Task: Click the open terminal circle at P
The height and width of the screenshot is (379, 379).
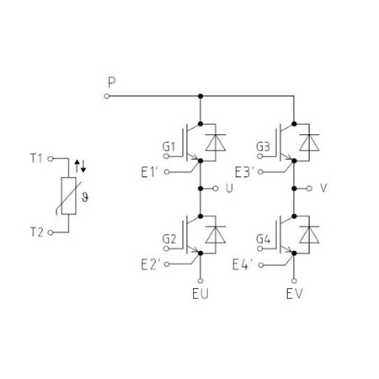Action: click(107, 96)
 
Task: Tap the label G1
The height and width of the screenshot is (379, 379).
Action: click(168, 147)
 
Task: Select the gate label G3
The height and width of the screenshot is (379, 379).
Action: click(263, 147)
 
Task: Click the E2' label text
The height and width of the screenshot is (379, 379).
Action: click(151, 264)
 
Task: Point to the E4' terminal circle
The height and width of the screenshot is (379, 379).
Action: click(261, 264)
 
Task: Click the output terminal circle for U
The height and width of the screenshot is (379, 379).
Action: click(216, 189)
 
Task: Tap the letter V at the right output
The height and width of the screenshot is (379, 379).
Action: click(323, 188)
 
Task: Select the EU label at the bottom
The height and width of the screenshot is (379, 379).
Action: click(200, 294)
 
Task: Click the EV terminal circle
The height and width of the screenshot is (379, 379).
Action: click(294, 280)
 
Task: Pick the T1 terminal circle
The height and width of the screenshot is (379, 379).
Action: click(51, 158)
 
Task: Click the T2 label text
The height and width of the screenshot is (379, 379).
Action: click(37, 232)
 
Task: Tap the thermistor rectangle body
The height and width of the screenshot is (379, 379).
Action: click(69, 196)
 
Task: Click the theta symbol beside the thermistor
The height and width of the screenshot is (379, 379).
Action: click(85, 197)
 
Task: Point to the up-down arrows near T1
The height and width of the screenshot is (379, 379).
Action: click(80, 167)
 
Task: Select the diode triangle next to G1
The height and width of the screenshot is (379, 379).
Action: click(216, 143)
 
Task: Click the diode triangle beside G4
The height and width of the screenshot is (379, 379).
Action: click(309, 235)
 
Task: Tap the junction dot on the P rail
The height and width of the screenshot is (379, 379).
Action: click(200, 96)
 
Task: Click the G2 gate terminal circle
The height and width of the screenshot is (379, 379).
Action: click(166, 248)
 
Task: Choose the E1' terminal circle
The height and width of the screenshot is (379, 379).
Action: click(167, 172)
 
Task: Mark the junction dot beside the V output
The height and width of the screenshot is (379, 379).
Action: click(294, 189)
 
